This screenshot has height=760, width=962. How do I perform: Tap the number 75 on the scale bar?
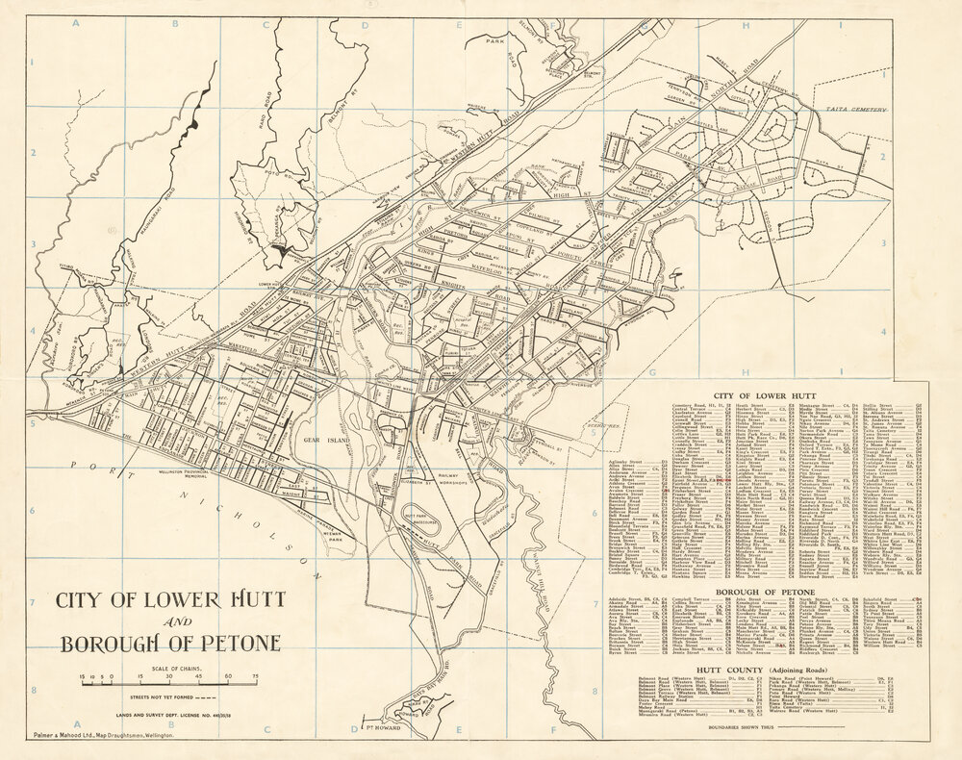point(255,677)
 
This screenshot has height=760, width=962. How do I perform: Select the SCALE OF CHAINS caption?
point(170,667)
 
